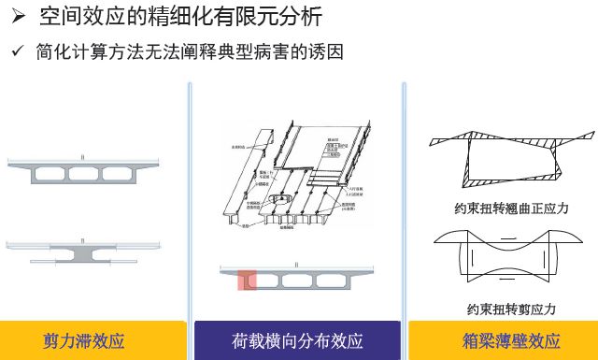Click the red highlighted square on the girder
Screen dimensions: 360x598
coord(247,280)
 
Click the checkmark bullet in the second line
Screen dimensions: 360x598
coord(17,52)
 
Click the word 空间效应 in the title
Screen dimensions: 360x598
coord(77,17)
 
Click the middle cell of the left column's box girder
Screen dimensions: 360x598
coord(83,173)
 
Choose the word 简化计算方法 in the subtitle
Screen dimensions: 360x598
coord(83,52)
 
